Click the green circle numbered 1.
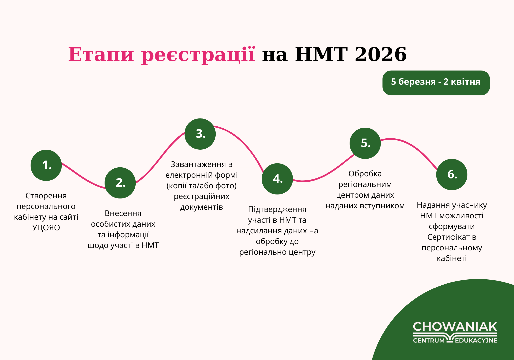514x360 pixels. [x=46, y=165]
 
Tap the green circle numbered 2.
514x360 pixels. [x=120, y=183]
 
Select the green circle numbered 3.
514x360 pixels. [x=200, y=134]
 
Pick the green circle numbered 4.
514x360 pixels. [x=277, y=179]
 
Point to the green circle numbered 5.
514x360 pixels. [x=365, y=143]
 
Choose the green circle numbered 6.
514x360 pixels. [x=452, y=174]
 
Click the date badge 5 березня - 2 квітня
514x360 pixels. [x=436, y=83]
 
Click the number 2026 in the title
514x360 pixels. [x=381, y=54]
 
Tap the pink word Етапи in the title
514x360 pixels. [x=101, y=55]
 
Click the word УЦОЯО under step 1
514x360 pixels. [x=46, y=228]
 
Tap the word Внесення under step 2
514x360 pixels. [x=123, y=213]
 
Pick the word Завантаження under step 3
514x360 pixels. [x=198, y=165]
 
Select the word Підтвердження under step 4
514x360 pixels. [x=277, y=209]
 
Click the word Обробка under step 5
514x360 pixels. [x=365, y=174]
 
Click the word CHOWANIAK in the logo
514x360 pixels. [x=455, y=327]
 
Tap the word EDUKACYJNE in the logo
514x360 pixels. [x=476, y=340]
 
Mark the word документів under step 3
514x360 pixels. [x=201, y=207]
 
